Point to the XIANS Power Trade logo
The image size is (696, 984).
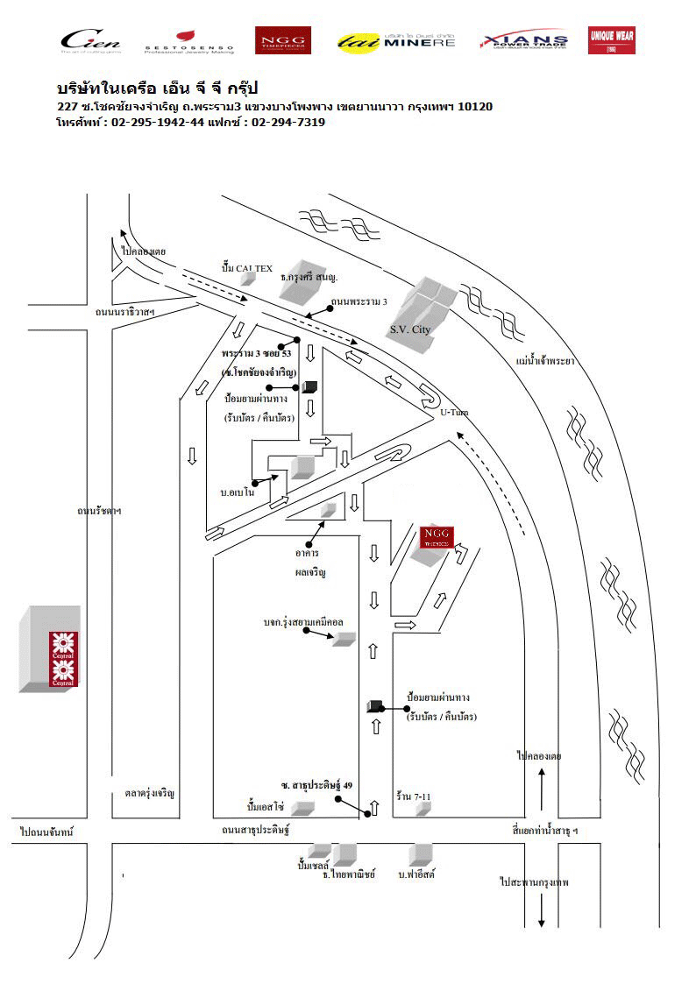pyautogui.click(x=524, y=40)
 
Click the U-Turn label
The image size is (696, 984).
pyautogui.click(x=453, y=411)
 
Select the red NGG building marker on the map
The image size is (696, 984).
pyautogui.click(x=436, y=537)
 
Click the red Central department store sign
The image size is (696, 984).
pyautogui.click(x=63, y=658)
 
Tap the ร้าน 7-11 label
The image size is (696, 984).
pyautogui.click(x=414, y=796)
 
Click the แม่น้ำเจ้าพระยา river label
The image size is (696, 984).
pyautogui.click(x=545, y=360)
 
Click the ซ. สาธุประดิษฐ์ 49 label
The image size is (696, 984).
pyautogui.click(x=316, y=785)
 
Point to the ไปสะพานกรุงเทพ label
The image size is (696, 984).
pyautogui.click(x=534, y=882)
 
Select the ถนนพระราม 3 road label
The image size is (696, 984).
pyautogui.click(x=359, y=301)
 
